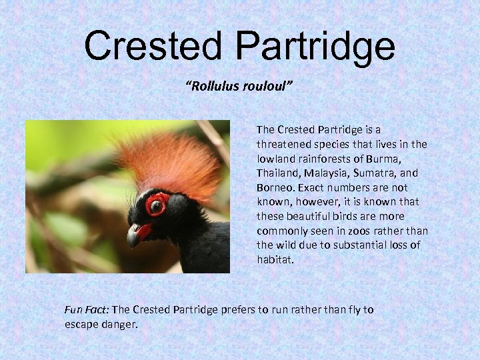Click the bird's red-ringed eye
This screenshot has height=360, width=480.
coord(157,205)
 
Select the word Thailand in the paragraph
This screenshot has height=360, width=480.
coord(279,173)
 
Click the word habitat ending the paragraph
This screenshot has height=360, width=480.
coord(275,260)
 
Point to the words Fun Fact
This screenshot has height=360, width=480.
coord(87,310)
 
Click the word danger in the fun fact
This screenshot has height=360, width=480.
coord(117,325)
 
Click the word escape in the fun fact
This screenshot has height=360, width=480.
coord(80,325)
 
